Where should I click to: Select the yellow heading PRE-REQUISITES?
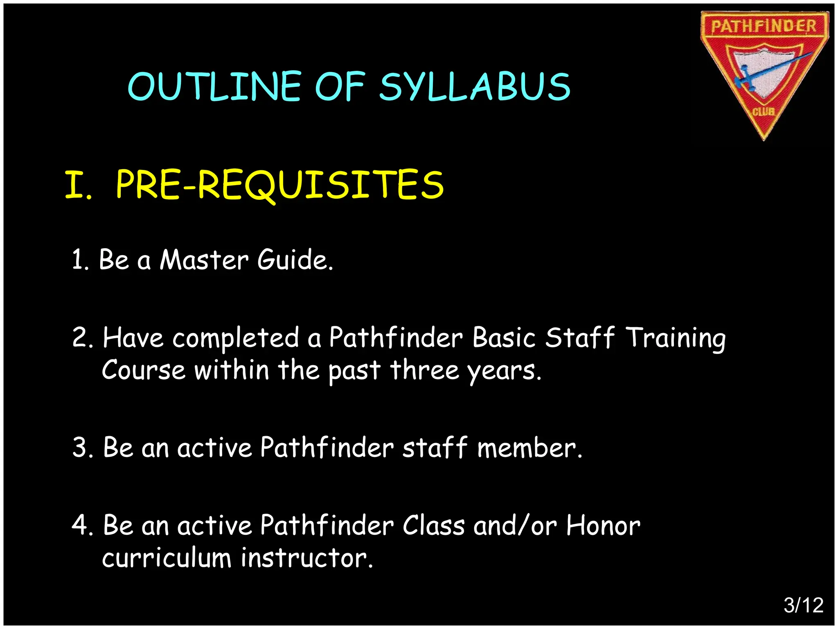pos(280,185)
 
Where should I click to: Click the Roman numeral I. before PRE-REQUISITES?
pos(78,185)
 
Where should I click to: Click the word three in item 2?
pos(425,370)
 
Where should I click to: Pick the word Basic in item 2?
pos(504,338)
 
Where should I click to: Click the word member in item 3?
pos(529,447)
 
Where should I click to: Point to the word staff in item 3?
pos(435,447)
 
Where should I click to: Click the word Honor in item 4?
pos(603,525)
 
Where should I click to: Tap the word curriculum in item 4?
pos(167,558)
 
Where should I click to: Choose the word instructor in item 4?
pos(307,558)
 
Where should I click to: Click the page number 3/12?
pos(803,605)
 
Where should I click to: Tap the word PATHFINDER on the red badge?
pos(764,26)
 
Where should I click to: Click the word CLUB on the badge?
pos(764,111)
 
